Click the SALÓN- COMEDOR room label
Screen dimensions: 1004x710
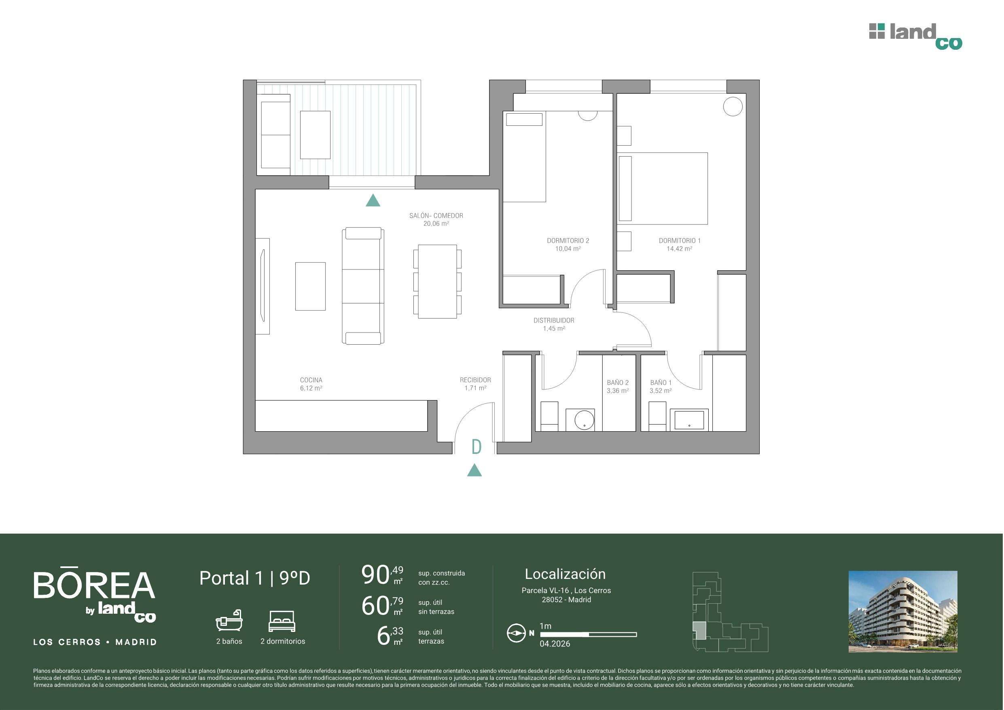tap(436, 216)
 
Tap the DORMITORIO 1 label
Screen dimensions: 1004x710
tap(680, 241)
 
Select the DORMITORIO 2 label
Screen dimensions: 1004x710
tap(568, 241)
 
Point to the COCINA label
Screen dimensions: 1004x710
tap(311, 380)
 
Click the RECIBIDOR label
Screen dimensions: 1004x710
tap(475, 380)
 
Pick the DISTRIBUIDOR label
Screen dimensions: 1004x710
tap(554, 321)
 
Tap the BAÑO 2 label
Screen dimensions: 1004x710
tap(617, 383)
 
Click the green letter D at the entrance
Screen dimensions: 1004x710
tap(477, 447)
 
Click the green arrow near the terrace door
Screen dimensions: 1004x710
tap(373, 200)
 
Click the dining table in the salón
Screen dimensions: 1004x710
tap(438, 282)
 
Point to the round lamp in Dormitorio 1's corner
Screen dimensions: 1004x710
tap(733, 106)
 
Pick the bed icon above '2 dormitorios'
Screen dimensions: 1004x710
tap(282, 621)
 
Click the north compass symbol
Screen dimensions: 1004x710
tap(516, 633)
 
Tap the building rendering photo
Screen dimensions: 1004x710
tap(903, 612)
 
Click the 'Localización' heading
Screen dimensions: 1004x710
tap(565, 574)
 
